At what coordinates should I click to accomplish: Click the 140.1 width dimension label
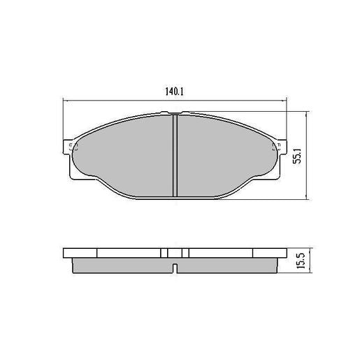click(x=174, y=92)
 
